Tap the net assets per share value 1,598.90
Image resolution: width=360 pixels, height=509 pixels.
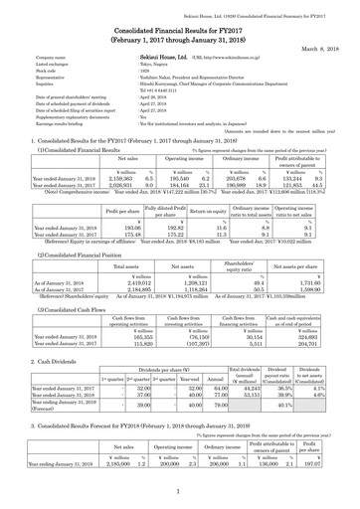point(314,291)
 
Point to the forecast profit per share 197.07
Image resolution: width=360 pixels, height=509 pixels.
point(337,490)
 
